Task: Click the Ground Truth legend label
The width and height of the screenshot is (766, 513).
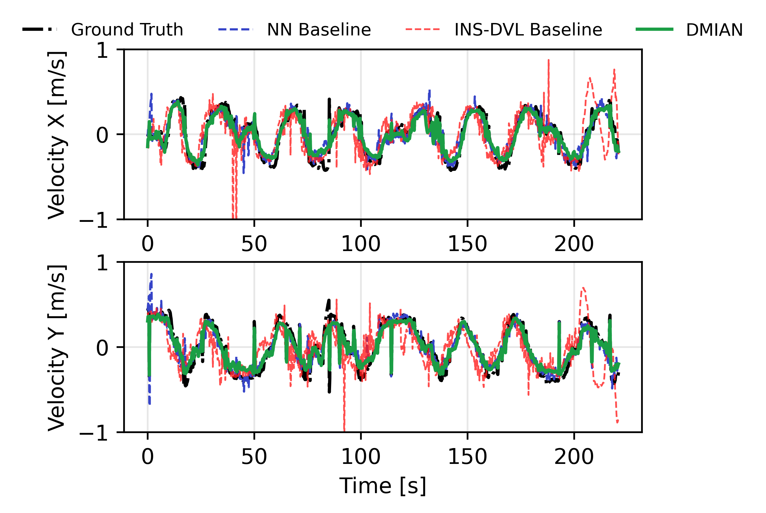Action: pos(127,30)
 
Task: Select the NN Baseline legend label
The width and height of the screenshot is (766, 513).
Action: pos(319,30)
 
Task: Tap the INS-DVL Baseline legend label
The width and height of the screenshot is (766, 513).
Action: pos(528,30)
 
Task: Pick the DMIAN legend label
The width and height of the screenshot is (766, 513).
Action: pos(714,30)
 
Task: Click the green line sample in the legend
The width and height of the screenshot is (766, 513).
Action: pos(654,30)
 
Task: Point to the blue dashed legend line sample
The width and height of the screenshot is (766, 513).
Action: pos(236,30)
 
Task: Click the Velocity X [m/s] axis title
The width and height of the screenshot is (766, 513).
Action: pos(57,135)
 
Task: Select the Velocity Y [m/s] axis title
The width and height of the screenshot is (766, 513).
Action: pos(57,347)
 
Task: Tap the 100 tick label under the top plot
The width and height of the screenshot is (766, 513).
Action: pos(361,244)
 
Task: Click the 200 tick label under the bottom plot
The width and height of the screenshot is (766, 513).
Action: pos(574,457)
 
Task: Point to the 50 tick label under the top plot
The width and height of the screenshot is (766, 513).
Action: pos(254,244)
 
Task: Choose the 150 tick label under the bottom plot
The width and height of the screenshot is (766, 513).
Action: pos(467,457)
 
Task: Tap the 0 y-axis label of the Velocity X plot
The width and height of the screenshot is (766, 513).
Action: pos(102,135)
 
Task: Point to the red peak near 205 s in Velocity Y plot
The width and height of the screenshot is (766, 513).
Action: pos(583,289)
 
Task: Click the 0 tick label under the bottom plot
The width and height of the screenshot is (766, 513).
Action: pos(148,457)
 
